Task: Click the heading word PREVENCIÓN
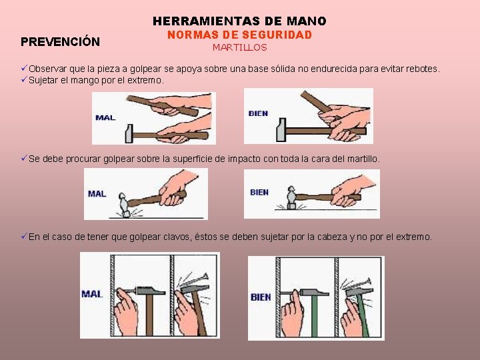coord(60,41)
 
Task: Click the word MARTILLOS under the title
coord(240,47)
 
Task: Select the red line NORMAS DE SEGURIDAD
coord(240,35)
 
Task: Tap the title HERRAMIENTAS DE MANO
coord(239,21)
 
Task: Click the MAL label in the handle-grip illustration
coord(105,117)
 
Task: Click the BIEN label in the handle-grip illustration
coord(258,113)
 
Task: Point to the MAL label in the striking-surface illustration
coord(97,194)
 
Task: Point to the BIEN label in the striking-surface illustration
coord(259,192)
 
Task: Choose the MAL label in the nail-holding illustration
coord(92,294)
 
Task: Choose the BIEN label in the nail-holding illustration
coord(261,297)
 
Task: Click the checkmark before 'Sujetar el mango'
coord(24,79)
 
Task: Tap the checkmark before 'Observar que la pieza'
coord(24,68)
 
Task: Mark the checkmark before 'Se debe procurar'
coord(24,158)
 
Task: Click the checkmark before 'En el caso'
coord(24,236)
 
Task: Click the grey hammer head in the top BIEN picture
coord(281,130)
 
